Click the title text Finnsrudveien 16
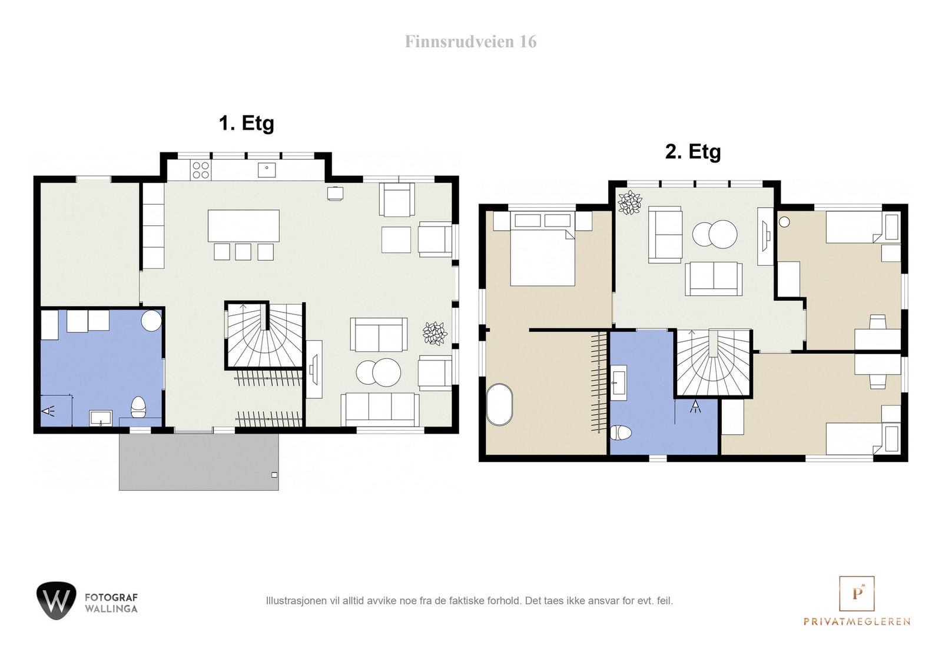click(470, 42)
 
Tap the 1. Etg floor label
click(247, 124)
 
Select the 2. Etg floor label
click(692, 152)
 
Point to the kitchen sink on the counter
click(267, 169)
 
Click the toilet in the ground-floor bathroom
click(138, 407)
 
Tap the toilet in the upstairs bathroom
click(621, 433)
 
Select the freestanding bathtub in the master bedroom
click(500, 404)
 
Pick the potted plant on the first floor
click(434, 333)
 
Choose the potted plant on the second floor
click(629, 202)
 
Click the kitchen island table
click(244, 226)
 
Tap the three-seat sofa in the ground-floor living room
click(380, 409)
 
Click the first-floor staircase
click(264, 335)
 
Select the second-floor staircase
click(713, 363)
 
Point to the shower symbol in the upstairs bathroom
click(696, 406)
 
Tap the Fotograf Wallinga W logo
click(57, 601)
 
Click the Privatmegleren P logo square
click(857, 593)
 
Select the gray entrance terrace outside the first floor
click(198, 461)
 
